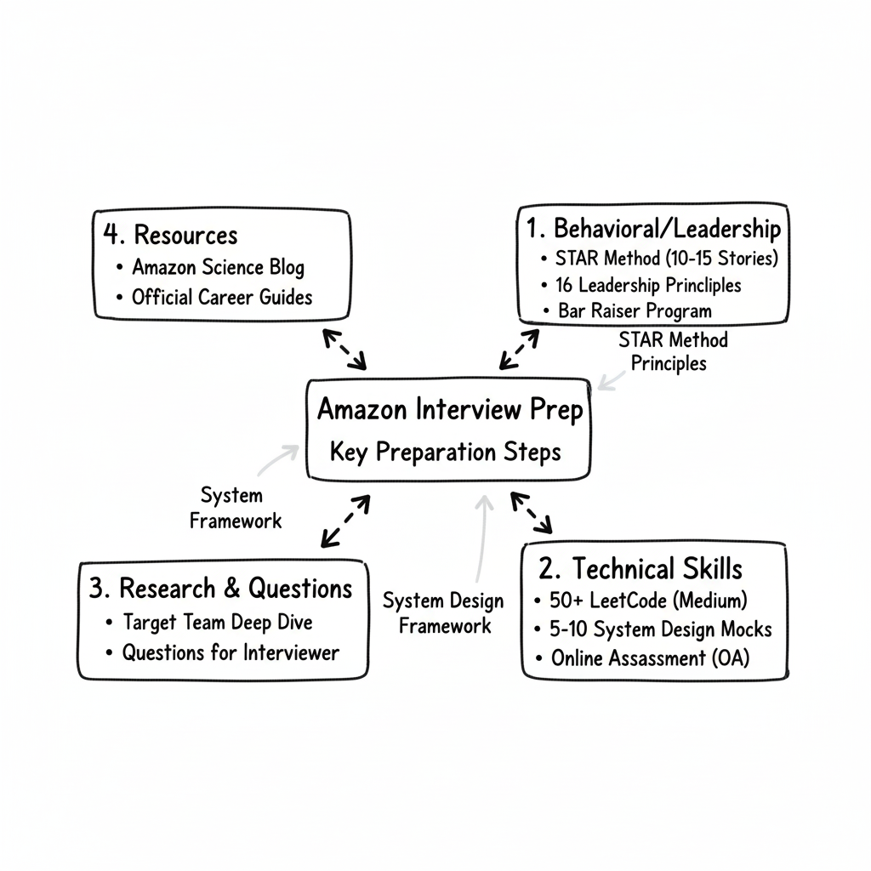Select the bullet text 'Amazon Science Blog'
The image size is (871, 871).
tap(218, 267)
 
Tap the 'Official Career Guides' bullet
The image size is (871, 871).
tap(222, 297)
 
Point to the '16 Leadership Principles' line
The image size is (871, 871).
tap(648, 284)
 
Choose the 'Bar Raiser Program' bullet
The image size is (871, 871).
tap(635, 310)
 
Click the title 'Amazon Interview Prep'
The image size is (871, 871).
tap(450, 410)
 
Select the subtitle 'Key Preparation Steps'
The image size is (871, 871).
tap(446, 452)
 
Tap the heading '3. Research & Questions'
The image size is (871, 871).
tap(220, 588)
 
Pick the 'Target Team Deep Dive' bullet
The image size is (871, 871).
tap(218, 622)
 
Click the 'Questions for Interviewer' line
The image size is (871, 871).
tap(231, 652)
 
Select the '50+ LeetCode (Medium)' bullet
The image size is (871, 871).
tap(649, 601)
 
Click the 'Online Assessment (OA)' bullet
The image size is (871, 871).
tap(651, 658)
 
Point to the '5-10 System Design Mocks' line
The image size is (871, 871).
tap(662, 629)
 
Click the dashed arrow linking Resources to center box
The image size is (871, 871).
tap(344, 349)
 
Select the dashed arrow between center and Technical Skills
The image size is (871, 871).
tap(532, 513)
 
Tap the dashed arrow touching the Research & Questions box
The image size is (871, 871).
tap(345, 521)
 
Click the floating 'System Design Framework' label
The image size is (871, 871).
tap(443, 613)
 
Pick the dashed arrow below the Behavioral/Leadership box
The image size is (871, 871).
tap(519, 349)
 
